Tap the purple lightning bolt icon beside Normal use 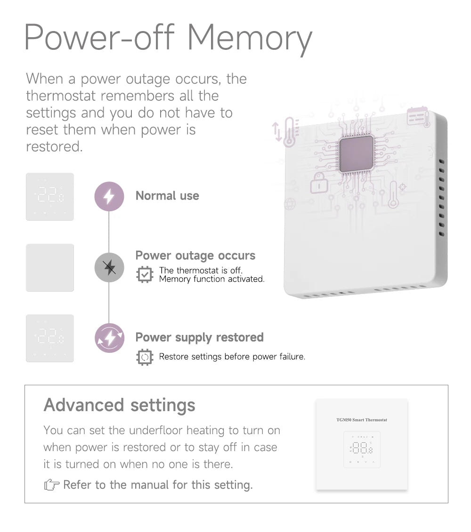pyautogui.click(x=109, y=196)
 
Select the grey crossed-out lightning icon pyautogui.click(x=109, y=268)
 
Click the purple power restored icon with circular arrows pyautogui.click(x=109, y=338)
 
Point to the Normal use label pyautogui.click(x=167, y=196)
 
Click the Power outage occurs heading pyautogui.click(x=195, y=255)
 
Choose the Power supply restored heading pyautogui.click(x=199, y=337)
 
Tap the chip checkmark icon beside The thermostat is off pyautogui.click(x=145, y=274)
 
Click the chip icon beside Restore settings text pyautogui.click(x=145, y=357)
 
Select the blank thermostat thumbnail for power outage pyautogui.click(x=50, y=268)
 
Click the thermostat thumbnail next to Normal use pyautogui.click(x=50, y=197)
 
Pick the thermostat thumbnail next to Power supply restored pyautogui.click(x=50, y=338)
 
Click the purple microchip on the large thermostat pyautogui.click(x=357, y=154)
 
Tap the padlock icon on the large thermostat pyautogui.click(x=318, y=183)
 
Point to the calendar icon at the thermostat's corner pyautogui.click(x=418, y=116)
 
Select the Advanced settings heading pyautogui.click(x=119, y=405)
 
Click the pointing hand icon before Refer pyautogui.click(x=51, y=485)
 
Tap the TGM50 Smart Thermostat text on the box pyautogui.click(x=362, y=420)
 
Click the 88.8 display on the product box pyautogui.click(x=362, y=449)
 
